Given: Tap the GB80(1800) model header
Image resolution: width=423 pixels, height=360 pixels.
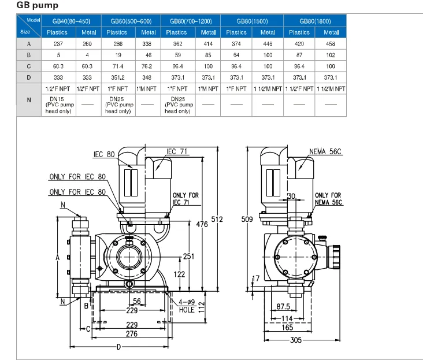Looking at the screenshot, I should coord(315,21).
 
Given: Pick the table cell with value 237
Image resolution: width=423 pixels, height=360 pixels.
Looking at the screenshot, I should coord(57,43).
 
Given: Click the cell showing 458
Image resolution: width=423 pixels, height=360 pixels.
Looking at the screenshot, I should coord(331,43).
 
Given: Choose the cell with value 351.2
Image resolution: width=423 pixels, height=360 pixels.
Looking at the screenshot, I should coord(118,76).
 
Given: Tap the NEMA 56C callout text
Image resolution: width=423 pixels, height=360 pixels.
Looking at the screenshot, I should coord(326,152).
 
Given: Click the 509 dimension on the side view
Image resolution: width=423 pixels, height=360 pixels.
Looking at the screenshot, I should coord(247,220).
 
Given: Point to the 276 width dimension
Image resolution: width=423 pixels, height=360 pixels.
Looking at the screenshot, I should coord(132,333).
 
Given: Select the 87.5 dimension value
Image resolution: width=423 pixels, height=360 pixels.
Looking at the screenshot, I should coord(283,306).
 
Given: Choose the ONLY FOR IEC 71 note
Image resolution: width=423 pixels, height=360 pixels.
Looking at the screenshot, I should coord(185,199).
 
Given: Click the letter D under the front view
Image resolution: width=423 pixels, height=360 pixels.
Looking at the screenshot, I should coord(118,347).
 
